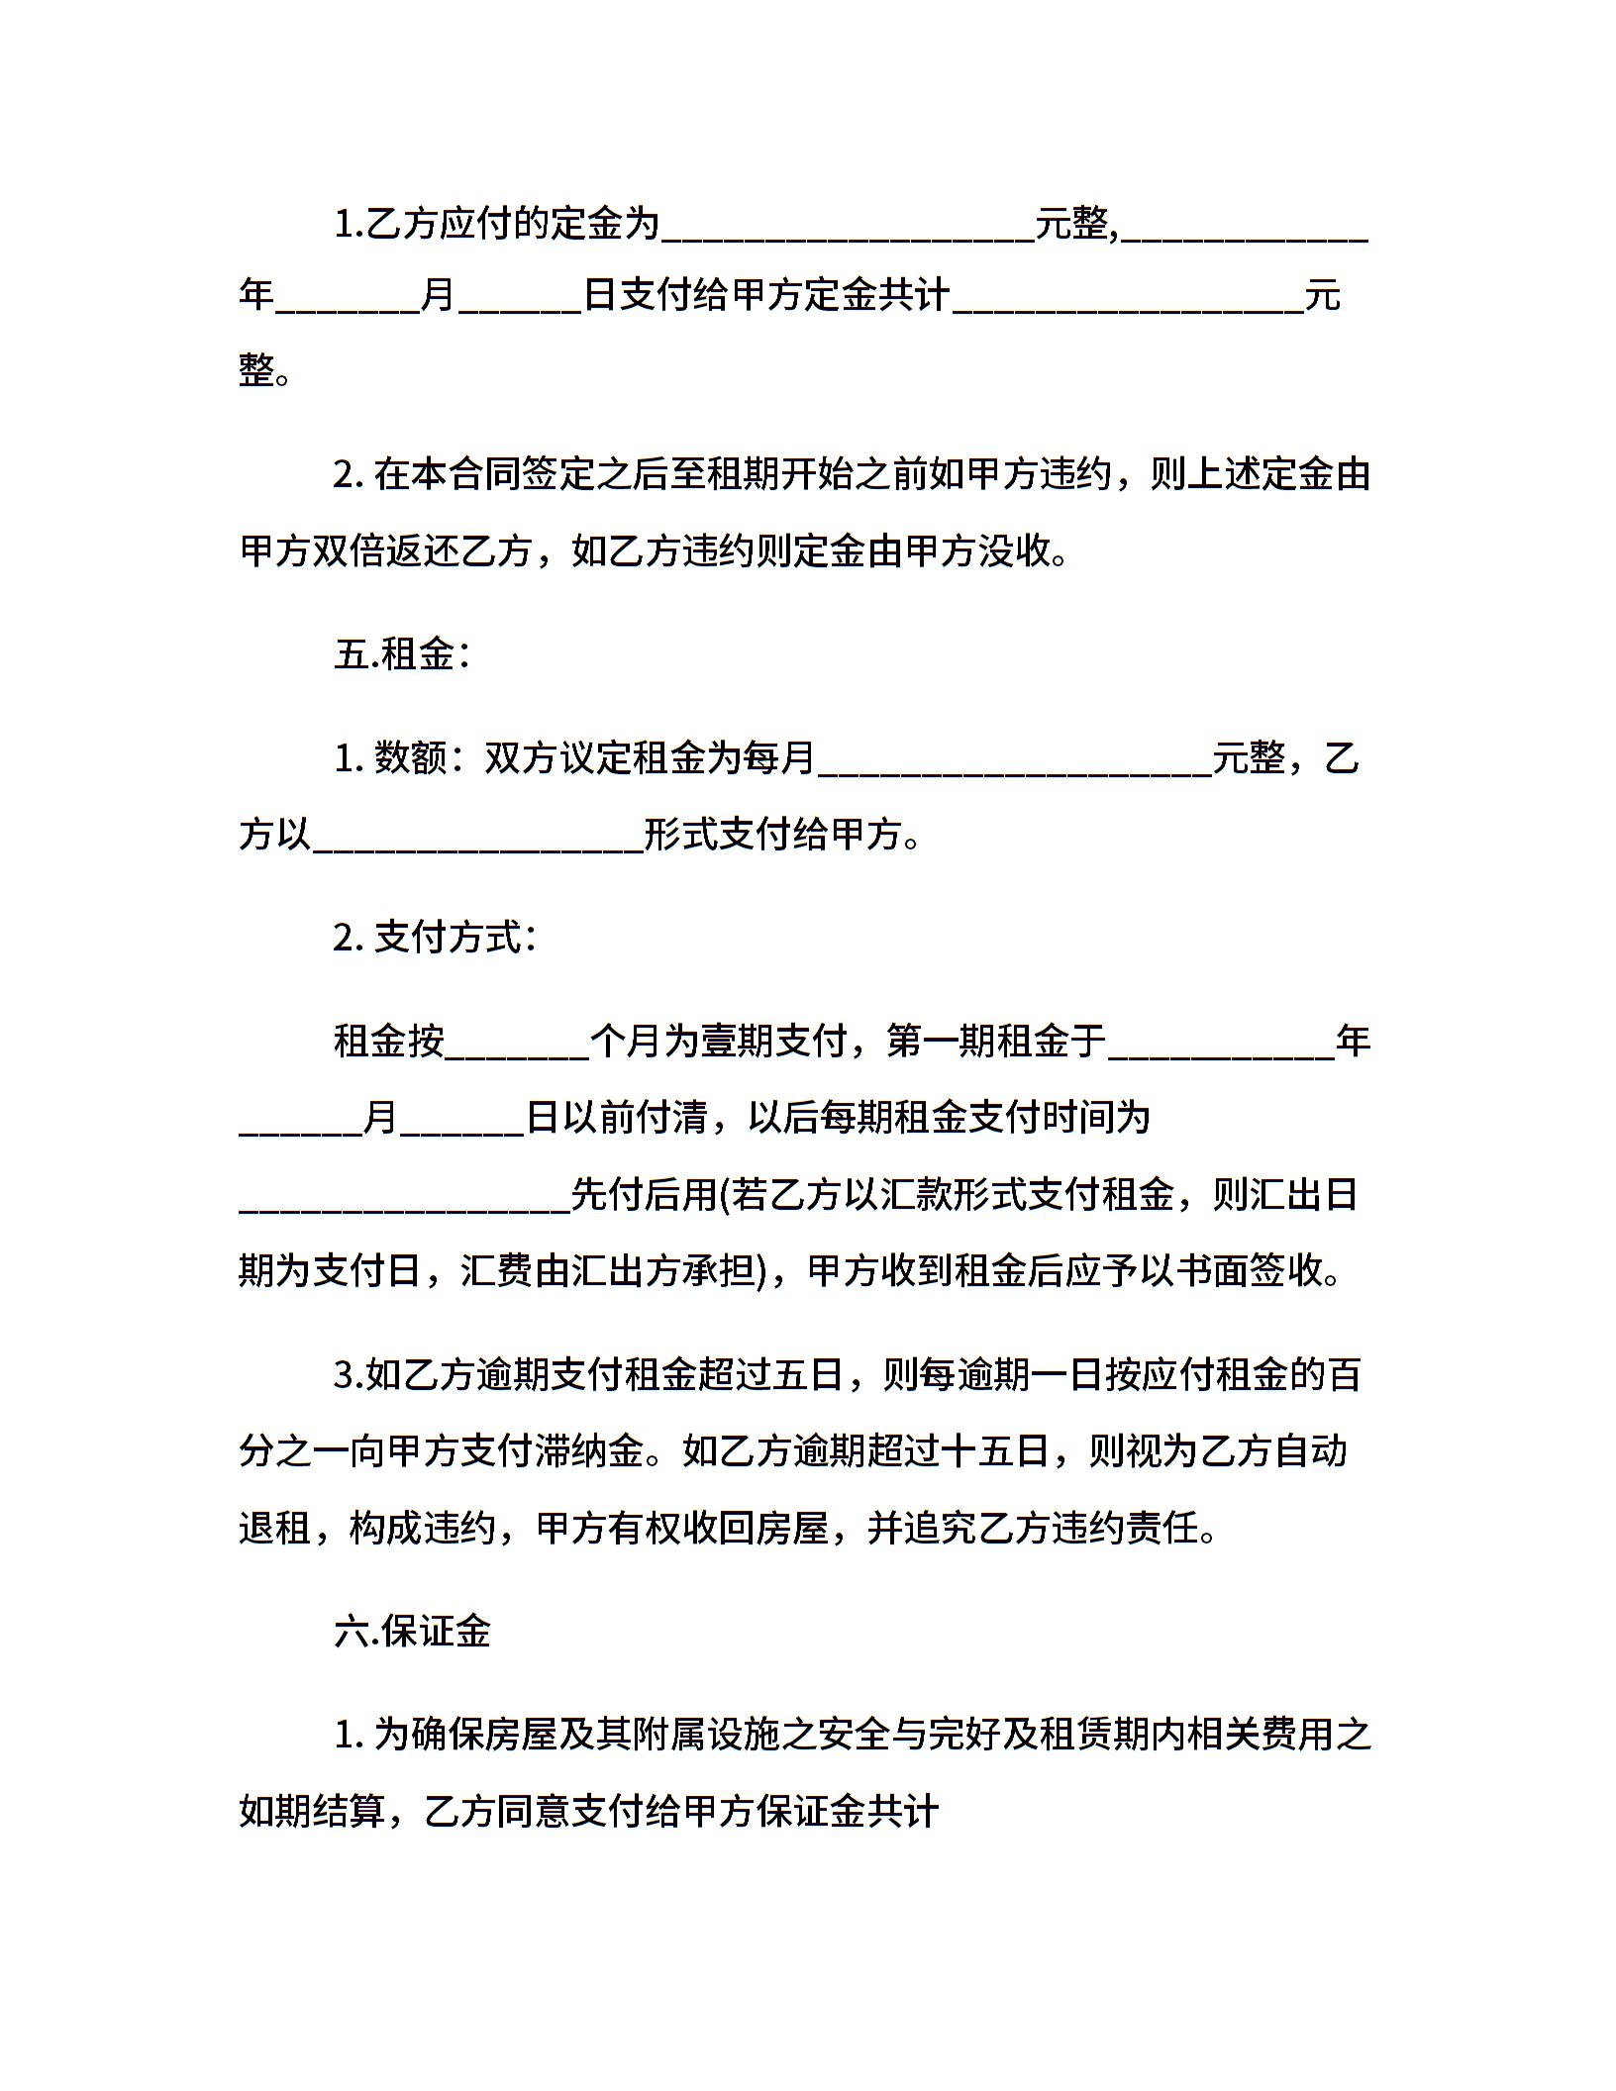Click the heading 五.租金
click(401, 654)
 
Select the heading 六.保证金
click(412, 1631)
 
